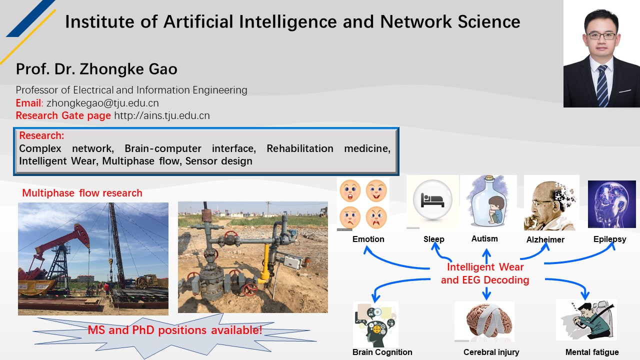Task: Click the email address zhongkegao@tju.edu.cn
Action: point(102,103)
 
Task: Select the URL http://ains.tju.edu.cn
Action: point(162,115)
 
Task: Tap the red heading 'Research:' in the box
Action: point(41,135)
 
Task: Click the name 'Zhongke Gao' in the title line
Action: point(128,69)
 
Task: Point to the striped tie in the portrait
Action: point(602,85)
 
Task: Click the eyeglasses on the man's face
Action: point(601,36)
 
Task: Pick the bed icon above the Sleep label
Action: point(432,199)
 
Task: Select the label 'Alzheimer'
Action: point(545,239)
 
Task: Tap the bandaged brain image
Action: point(484,321)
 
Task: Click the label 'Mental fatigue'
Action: point(592,352)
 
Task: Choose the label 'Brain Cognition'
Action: point(382,352)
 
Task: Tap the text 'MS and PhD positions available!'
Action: point(174,330)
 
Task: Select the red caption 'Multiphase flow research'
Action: point(82,193)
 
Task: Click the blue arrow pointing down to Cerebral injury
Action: point(486,293)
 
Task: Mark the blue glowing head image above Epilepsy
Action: point(611,204)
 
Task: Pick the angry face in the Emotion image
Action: point(376,217)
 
